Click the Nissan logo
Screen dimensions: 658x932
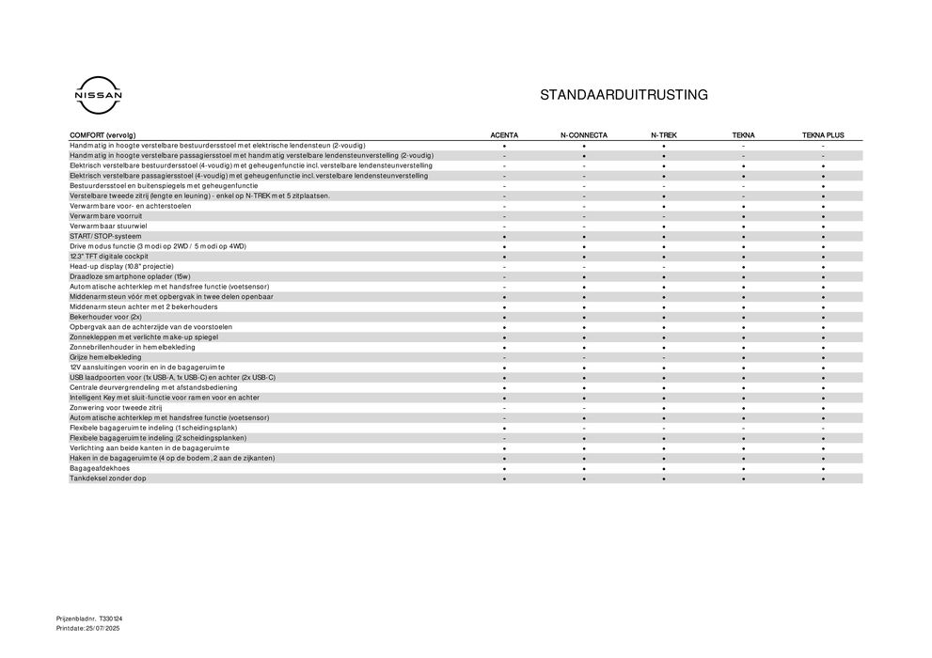click(98, 96)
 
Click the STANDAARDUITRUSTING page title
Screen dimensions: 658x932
click(624, 95)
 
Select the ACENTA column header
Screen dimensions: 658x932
click(504, 135)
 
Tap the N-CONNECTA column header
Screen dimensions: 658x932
click(584, 135)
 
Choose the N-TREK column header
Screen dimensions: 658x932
click(663, 135)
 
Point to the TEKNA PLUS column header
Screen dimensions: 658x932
click(823, 135)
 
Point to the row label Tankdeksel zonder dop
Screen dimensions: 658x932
click(107, 478)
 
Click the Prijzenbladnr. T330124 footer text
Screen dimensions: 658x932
click(89, 619)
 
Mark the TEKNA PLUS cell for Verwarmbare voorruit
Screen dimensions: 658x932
click(823, 216)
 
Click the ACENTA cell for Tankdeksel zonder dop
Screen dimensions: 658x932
click(504, 478)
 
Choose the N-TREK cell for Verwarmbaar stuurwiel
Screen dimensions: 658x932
click(663, 226)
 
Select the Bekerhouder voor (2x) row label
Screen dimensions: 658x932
click(105, 317)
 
